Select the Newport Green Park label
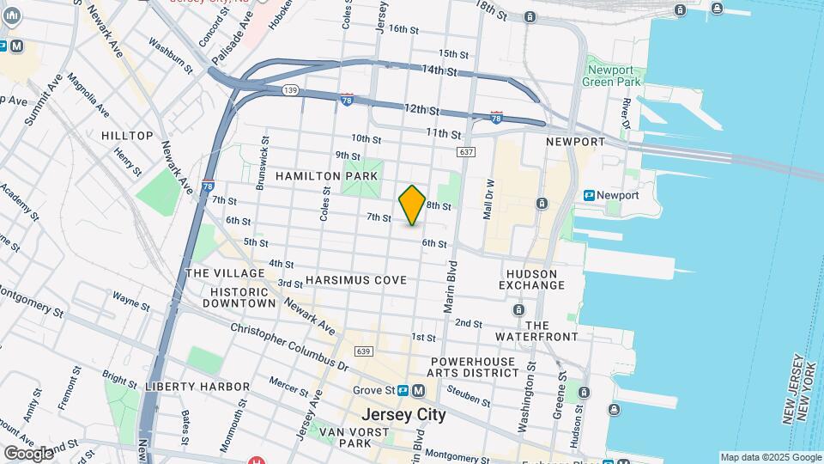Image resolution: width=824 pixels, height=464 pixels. coord(610,76)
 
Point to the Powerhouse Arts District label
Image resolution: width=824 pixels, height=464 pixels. coord(474,367)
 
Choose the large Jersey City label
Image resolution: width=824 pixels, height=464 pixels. coord(404,414)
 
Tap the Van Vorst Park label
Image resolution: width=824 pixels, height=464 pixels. coord(344,437)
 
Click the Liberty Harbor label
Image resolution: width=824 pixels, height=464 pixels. coord(197,387)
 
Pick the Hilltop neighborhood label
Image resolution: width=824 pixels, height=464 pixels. coord(127,136)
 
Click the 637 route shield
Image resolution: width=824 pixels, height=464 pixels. coord(466,152)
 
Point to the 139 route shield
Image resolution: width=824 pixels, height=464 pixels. coord(292,89)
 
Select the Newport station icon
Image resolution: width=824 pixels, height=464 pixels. coord(590,195)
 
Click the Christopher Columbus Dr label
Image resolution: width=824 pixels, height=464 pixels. coord(289,347)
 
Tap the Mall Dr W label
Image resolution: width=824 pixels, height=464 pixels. coord(489,199)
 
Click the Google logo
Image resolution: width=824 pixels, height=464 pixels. coord(28,453)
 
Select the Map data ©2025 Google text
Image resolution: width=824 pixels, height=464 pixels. coord(769,457)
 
